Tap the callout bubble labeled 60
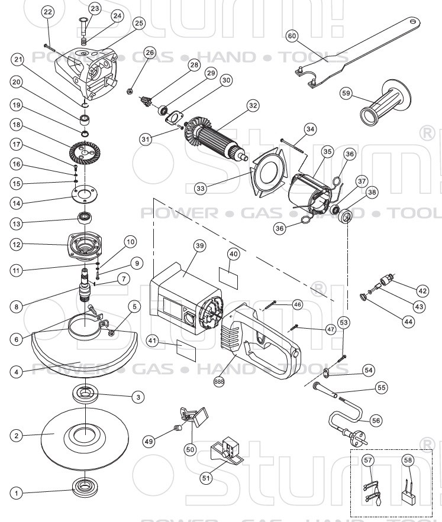click(x=291, y=35)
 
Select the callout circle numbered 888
click(x=220, y=381)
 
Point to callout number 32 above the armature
click(x=253, y=106)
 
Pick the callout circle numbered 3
click(x=137, y=397)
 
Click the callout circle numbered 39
click(x=199, y=245)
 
